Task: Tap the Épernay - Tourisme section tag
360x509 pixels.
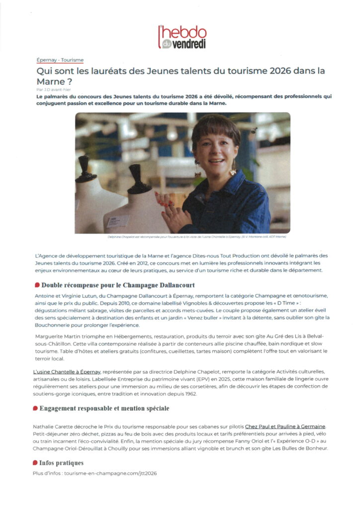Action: click(x=60, y=60)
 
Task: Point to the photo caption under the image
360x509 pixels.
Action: click(x=183, y=237)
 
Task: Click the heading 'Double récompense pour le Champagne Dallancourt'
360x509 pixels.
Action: click(x=118, y=285)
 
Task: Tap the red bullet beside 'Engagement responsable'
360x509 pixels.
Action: click(x=36, y=409)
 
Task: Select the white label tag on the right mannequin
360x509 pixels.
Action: click(x=117, y=221)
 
